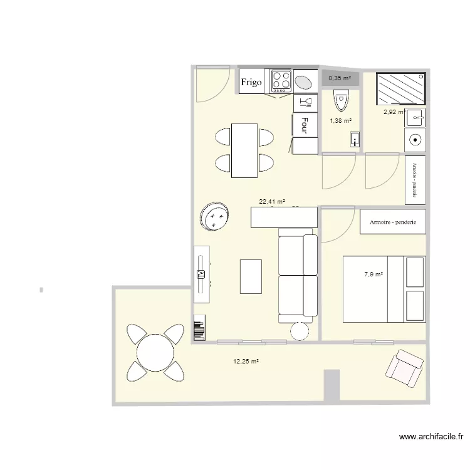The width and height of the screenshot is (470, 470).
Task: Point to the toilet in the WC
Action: point(340,98)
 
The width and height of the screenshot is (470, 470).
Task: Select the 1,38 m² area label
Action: point(340,121)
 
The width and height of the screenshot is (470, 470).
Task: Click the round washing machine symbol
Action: point(414,140)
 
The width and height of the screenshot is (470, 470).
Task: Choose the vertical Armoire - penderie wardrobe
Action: point(415,179)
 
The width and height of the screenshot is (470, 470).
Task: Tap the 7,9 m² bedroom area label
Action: point(373,274)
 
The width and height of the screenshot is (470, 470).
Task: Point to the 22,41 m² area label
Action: point(272,202)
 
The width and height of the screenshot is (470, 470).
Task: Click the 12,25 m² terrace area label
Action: point(246,362)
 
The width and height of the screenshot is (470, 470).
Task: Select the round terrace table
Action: point(155,352)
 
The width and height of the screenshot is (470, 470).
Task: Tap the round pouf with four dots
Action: point(216,217)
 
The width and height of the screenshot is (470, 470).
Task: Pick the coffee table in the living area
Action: point(251,276)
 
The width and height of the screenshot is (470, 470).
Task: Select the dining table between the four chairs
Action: point(244,150)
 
